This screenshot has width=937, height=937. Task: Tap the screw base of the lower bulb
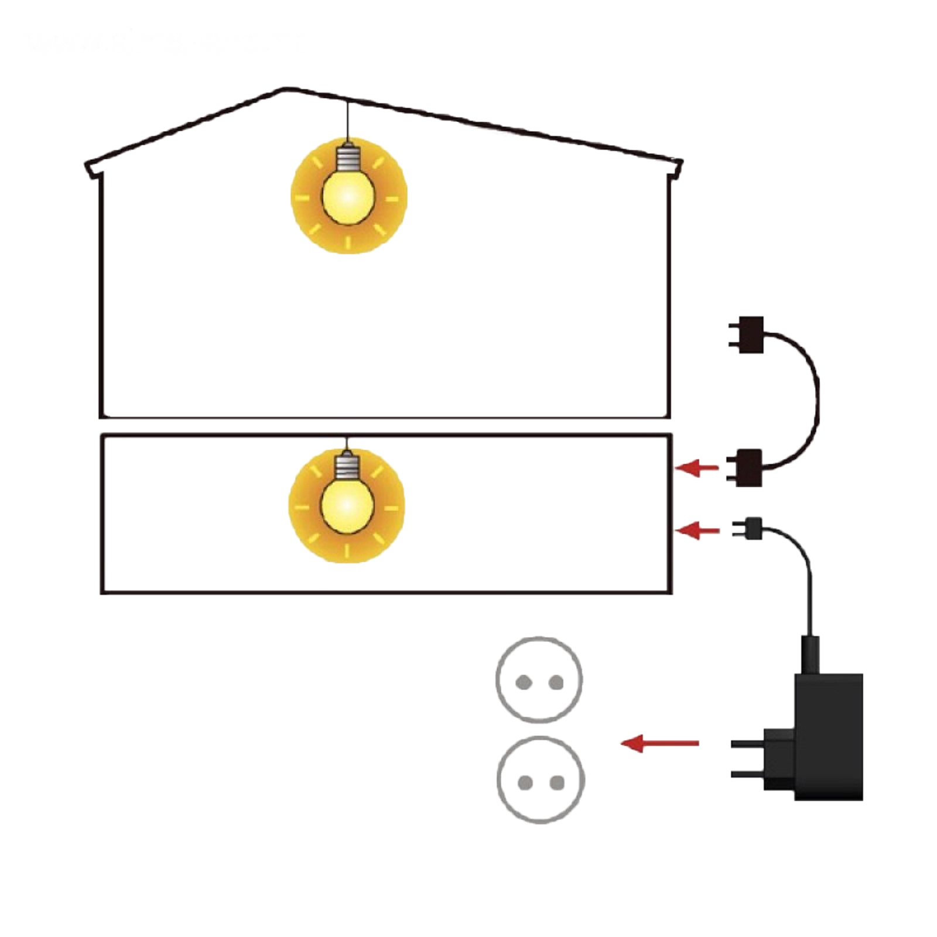click(x=347, y=467)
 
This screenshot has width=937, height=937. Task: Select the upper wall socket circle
click(x=539, y=680)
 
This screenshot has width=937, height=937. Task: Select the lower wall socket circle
click(x=541, y=779)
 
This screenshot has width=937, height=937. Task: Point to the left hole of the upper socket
click(x=522, y=682)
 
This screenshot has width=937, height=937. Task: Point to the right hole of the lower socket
click(x=557, y=782)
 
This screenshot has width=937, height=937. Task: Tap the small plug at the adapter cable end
click(x=753, y=528)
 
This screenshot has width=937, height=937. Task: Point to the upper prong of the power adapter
click(x=747, y=744)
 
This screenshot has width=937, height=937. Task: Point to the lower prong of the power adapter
click(x=747, y=774)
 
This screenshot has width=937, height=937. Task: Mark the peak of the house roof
click(x=285, y=89)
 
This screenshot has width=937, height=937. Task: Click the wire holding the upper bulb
click(x=348, y=122)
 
